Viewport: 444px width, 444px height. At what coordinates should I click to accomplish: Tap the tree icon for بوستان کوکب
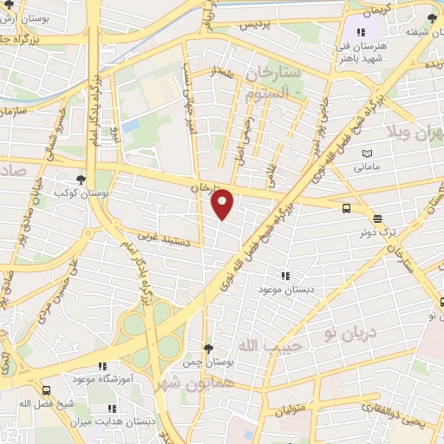(81, 180)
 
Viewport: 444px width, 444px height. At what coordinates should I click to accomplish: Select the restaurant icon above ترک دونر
(376, 219)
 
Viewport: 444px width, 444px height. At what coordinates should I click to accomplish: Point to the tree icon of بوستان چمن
(206, 348)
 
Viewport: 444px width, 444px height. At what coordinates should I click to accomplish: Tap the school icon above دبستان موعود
(284, 275)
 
